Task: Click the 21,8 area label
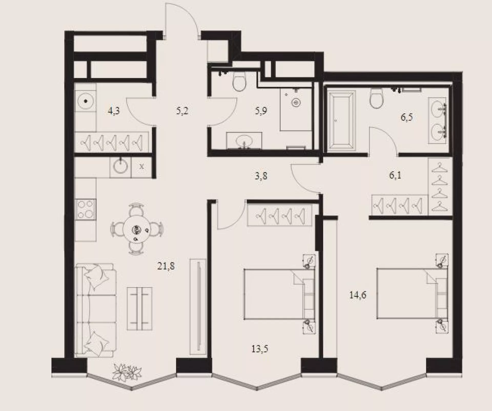pos(166,266)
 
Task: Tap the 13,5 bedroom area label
pos(260,349)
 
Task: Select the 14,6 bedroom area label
pos(358,295)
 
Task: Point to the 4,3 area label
pos(114,111)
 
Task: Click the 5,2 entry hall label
pos(182,111)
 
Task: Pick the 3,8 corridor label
pos(261,176)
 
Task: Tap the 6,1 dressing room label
pos(395,175)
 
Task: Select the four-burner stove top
pos(85,209)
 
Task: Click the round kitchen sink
pos(120,167)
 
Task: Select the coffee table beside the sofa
pos(140,308)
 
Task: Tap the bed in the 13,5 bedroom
pos(279,294)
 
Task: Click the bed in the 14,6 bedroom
pos(412,294)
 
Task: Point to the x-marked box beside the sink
pos(141,167)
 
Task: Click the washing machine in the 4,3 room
pos(85,101)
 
